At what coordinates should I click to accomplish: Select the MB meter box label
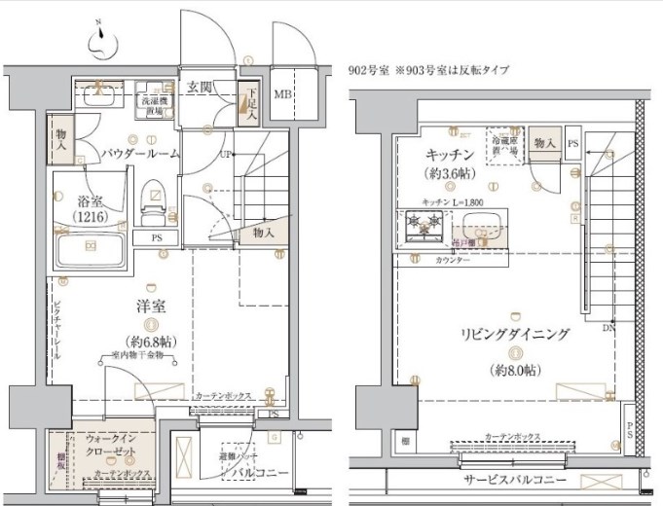[x=282, y=94]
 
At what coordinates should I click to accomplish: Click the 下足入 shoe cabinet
[x=249, y=99]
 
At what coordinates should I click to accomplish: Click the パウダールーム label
[x=138, y=154]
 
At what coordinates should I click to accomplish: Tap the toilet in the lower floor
[x=154, y=202]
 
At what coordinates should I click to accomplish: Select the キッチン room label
[x=449, y=156]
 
